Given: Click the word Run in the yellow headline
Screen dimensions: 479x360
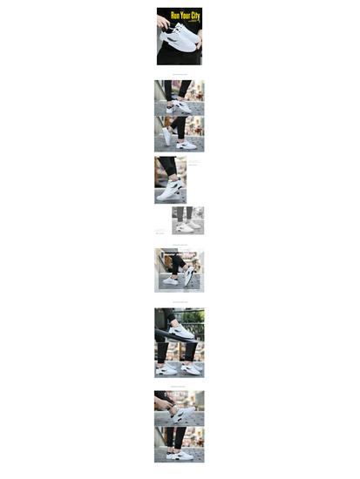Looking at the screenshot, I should tap(174, 16).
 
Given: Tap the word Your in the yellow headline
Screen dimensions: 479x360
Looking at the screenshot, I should tap(184, 16).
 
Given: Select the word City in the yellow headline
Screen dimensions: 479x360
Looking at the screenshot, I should tap(195, 16).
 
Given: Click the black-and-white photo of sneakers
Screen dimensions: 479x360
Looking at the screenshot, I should tap(187, 219).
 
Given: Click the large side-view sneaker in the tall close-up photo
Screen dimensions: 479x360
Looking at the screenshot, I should tap(171, 190).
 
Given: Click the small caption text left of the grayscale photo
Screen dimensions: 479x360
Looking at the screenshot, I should tap(160, 231).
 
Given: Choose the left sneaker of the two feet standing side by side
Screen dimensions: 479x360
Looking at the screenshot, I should tap(166, 369).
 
